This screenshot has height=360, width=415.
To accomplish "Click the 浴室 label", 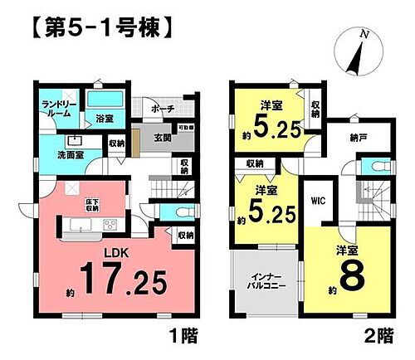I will pyautogui.click(x=104, y=119).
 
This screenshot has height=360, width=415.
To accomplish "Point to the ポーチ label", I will pyautogui.click(x=163, y=109).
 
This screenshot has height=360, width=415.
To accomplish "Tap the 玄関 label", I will pyautogui.click(x=156, y=139).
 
